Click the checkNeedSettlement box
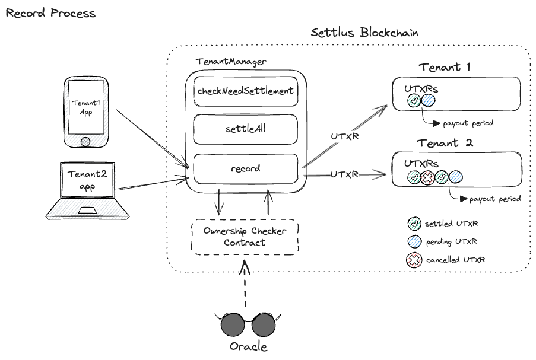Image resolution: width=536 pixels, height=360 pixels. pyautogui.click(x=245, y=91)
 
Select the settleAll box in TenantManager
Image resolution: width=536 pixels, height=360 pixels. pyautogui.click(x=245, y=129)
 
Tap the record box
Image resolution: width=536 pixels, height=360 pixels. pyautogui.click(x=245, y=168)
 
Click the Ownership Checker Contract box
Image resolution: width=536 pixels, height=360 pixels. pyautogui.click(x=245, y=237)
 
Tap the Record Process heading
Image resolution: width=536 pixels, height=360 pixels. pyautogui.click(x=50, y=13)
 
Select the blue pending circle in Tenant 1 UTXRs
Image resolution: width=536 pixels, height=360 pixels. pyautogui.click(x=429, y=101)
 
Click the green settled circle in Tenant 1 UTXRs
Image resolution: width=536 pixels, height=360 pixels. pyautogui.click(x=414, y=101)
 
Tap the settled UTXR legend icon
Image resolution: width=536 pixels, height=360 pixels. pyautogui.click(x=415, y=224)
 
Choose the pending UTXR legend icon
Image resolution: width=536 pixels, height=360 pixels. pyautogui.click(x=415, y=242)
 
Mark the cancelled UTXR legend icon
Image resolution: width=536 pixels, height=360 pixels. pyautogui.click(x=415, y=260)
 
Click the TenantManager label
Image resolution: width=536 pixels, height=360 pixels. pyautogui.click(x=231, y=62)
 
